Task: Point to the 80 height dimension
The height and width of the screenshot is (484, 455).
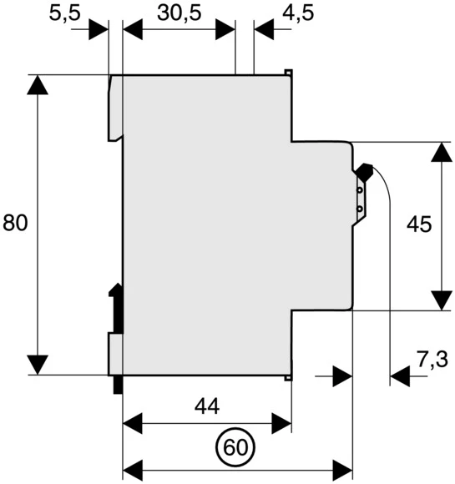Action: pos(15,223)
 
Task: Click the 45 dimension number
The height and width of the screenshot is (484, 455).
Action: pos(418,223)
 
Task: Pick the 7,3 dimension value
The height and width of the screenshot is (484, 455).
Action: pos(432,360)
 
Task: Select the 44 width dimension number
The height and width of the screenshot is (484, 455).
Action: pos(206,406)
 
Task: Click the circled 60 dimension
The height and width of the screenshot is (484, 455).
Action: pos(237,448)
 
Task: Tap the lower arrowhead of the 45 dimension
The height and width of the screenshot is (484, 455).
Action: pos(439,299)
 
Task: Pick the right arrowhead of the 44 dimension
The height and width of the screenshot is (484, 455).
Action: pos(281,423)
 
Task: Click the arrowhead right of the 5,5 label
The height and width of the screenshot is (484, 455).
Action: pos(99,29)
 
